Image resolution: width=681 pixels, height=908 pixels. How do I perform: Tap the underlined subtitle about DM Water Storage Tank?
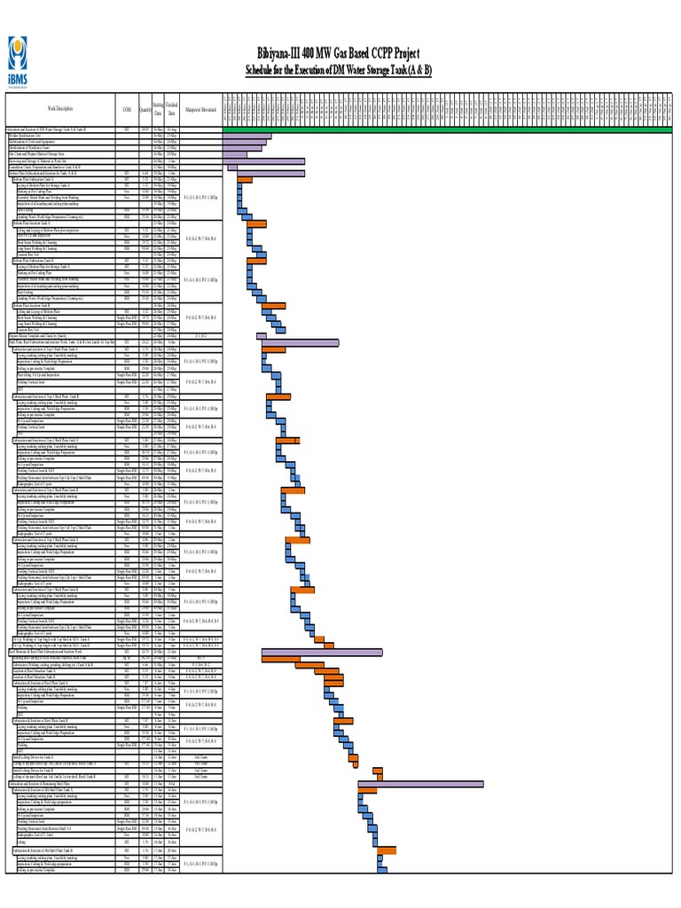click(338, 70)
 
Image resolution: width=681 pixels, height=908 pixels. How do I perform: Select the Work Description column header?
click(55, 109)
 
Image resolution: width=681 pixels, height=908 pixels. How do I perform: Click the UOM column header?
click(127, 109)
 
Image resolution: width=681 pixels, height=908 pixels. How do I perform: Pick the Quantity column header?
click(145, 109)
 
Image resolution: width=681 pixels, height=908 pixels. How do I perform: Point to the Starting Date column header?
click(158, 109)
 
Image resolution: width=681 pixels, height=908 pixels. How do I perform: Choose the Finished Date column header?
click(172, 109)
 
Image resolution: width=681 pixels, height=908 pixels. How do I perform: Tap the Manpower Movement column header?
click(200, 109)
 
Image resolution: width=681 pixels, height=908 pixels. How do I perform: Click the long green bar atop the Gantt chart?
click(443, 129)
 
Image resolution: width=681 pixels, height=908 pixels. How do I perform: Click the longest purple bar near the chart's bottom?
click(420, 783)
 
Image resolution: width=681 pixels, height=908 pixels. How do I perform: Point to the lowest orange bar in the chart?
click(387, 851)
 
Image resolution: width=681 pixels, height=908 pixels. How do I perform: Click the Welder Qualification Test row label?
click(27, 136)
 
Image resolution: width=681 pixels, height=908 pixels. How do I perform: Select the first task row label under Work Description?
click(53, 129)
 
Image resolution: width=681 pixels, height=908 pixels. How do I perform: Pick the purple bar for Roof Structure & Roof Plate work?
click(322, 653)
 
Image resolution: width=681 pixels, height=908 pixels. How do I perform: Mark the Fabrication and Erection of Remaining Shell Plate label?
click(53, 783)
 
